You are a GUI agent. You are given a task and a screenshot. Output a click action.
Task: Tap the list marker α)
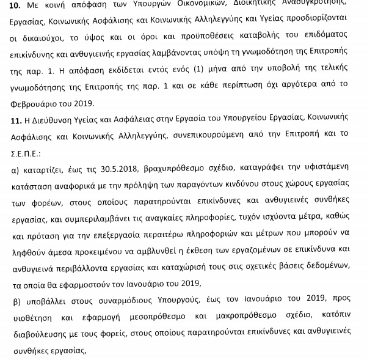coord(18,166)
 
